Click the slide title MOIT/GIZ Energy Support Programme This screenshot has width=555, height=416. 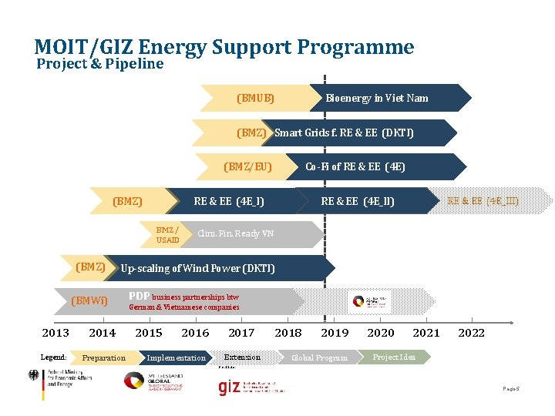point(224,48)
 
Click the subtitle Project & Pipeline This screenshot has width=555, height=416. point(99,64)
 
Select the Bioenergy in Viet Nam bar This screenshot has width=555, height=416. point(377,98)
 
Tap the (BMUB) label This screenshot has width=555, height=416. point(255,98)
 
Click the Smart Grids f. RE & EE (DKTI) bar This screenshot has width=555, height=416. point(344,133)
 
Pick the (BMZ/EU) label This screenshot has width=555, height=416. point(247,166)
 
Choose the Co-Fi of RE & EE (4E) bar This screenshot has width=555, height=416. point(355,166)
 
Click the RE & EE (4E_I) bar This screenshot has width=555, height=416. point(229,201)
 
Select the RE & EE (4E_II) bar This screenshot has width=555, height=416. point(358,201)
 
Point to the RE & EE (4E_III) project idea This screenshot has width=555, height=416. point(483,201)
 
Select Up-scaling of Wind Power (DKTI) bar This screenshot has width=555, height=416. point(197,268)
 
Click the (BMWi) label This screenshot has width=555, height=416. point(89,300)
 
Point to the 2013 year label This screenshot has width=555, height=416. point(55,333)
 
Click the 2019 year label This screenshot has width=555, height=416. point(335,333)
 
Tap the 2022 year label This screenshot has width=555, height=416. point(472,333)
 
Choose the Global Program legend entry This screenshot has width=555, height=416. point(319,357)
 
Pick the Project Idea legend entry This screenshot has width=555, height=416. point(394,357)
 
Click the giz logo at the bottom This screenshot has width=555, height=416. point(229,387)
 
